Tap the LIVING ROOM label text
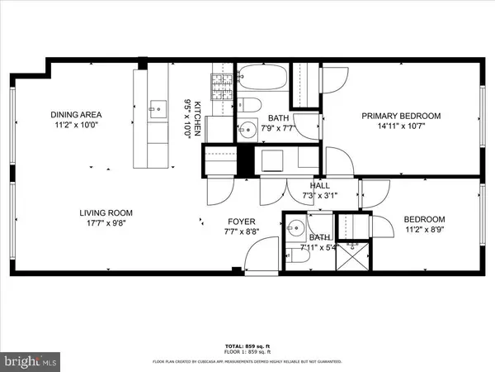pos(106,212)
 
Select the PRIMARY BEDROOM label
pos(401,116)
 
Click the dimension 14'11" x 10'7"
pos(401,127)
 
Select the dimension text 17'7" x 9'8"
pos(106,223)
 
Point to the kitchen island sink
pos(156,107)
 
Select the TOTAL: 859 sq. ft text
pos(247,345)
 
